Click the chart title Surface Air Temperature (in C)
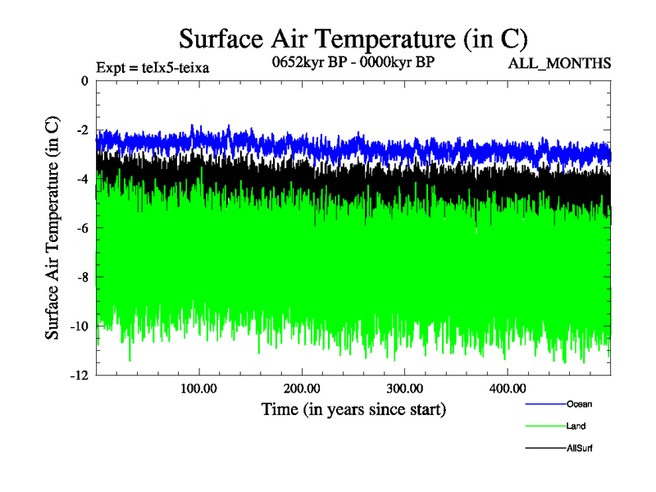coord(353,39)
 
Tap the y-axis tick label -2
coord(82,130)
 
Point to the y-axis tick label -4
coord(82,180)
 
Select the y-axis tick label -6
coord(82,228)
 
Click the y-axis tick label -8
coord(82,277)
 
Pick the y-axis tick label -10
coord(79,326)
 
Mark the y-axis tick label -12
coord(79,376)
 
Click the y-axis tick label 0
coord(84,81)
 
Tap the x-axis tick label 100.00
coord(198,388)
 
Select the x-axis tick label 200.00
coord(302,388)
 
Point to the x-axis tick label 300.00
coord(404,388)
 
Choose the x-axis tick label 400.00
coord(508,388)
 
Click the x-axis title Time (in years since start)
coord(353,408)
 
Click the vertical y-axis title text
coord(52,228)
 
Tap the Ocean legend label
coord(579,403)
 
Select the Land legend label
coord(576,426)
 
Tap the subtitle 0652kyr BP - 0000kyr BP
coord(353,61)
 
